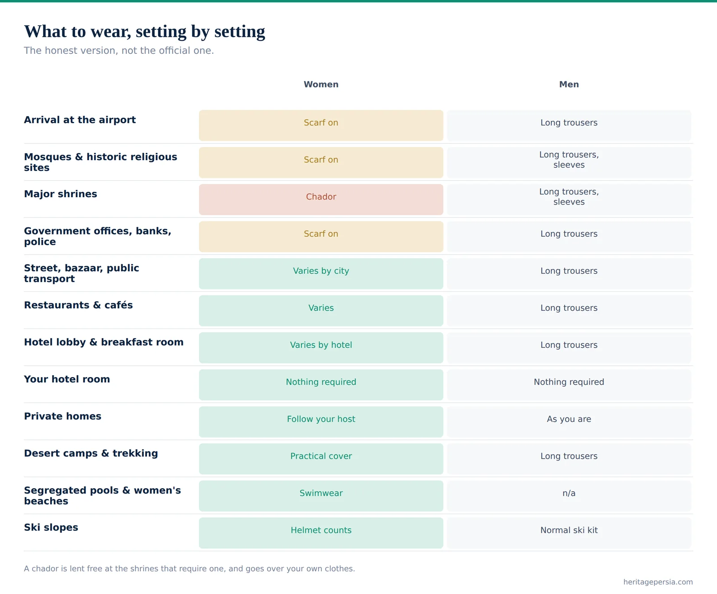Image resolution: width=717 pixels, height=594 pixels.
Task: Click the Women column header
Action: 321,84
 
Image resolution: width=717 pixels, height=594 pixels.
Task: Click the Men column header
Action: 569,84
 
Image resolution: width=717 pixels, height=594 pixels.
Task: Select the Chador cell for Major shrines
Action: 321,199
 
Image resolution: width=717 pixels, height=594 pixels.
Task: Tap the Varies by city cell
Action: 321,273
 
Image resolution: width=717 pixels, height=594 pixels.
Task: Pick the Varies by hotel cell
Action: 321,347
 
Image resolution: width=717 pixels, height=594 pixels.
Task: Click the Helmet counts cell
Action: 321,533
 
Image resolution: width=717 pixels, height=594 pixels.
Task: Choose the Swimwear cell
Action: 321,496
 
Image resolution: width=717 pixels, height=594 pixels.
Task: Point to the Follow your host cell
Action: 321,422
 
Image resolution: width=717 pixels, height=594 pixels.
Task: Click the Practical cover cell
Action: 321,459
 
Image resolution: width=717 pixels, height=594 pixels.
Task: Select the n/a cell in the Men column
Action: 569,496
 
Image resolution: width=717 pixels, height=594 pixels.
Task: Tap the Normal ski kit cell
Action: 569,533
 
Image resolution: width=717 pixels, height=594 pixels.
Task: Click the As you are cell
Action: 569,422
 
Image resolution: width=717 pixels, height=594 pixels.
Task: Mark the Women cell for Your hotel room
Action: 321,385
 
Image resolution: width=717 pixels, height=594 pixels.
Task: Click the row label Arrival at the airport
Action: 80,120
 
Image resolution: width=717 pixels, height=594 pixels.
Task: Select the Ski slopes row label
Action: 51,527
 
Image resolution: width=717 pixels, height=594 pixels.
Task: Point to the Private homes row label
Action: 63,416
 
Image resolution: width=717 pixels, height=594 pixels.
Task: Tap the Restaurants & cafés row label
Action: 78,305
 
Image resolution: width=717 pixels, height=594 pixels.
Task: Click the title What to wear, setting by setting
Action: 144,32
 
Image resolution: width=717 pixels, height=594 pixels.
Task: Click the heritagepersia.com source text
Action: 658,582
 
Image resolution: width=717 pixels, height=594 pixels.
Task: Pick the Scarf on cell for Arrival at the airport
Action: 321,126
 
